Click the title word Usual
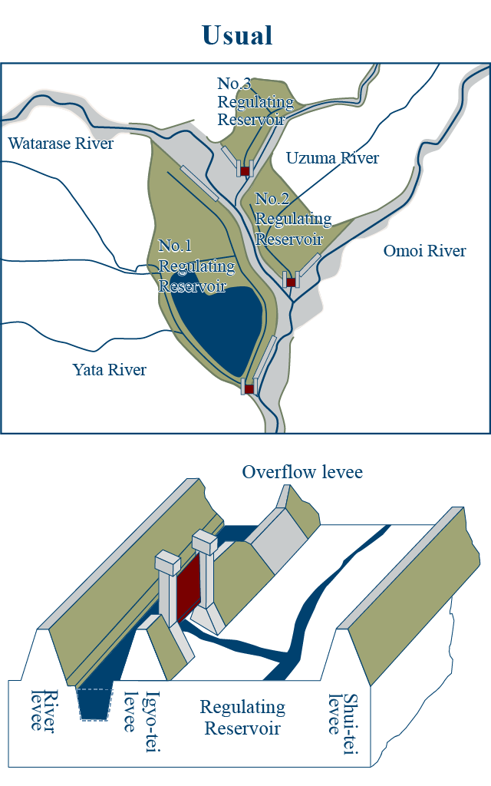pyautogui.click(x=238, y=35)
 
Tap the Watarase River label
pyautogui.click(x=61, y=144)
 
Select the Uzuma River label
pyautogui.click(x=332, y=158)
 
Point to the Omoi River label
pyautogui.click(x=424, y=251)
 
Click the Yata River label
pyautogui.click(x=109, y=369)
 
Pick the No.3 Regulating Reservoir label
pyautogui.click(x=255, y=101)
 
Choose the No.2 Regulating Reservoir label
pyautogui.click(x=293, y=219)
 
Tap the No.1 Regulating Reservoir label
pyautogui.click(x=196, y=266)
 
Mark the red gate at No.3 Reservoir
pyautogui.click(x=245, y=171)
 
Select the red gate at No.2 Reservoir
pyautogui.click(x=291, y=282)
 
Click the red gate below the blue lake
pyautogui.click(x=249, y=388)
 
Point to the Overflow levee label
pyautogui.click(x=302, y=472)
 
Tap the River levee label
pyautogui.click(x=44, y=711)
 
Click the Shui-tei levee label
pyautogui.click(x=344, y=723)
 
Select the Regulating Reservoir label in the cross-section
pyautogui.click(x=242, y=718)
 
